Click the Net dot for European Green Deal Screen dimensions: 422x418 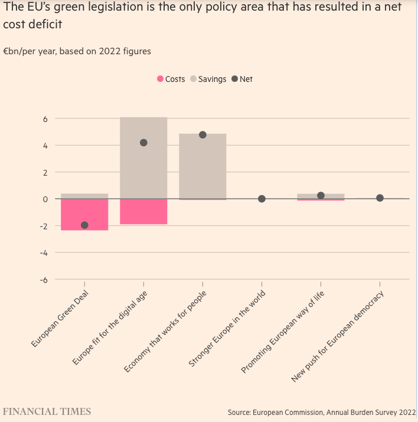tap(84, 225)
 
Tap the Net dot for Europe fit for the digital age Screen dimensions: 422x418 tap(143, 143)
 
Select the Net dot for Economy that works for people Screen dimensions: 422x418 tap(203, 135)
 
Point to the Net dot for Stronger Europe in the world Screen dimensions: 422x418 tap(262, 199)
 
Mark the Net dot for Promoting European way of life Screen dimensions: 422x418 tap(321, 196)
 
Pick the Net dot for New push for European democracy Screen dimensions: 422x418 tap(380, 198)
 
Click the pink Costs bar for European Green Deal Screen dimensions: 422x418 tap(84, 213)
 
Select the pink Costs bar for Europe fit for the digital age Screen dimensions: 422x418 tap(143, 212)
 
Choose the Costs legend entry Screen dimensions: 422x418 tap(171, 79)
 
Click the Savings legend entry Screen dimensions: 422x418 tap(208, 79)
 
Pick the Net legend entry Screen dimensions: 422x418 tap(242, 79)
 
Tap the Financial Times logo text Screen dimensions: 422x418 tap(48, 411)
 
